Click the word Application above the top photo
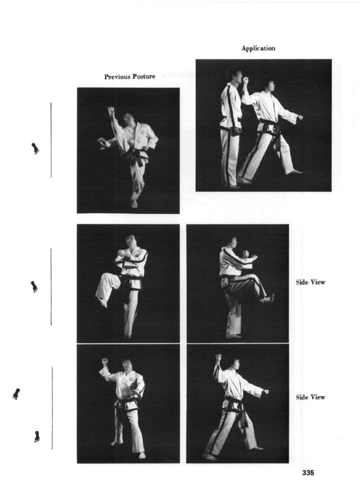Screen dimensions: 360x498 click(258, 49)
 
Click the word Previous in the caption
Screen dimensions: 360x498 click(117, 77)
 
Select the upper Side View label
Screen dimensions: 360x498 click(310, 282)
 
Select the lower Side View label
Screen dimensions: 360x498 click(310, 397)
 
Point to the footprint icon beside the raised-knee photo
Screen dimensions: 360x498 click(34, 287)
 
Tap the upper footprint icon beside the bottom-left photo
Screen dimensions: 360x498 click(16, 394)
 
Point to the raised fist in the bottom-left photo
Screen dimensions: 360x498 click(105, 361)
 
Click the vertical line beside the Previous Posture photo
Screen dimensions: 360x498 click(51, 140)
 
